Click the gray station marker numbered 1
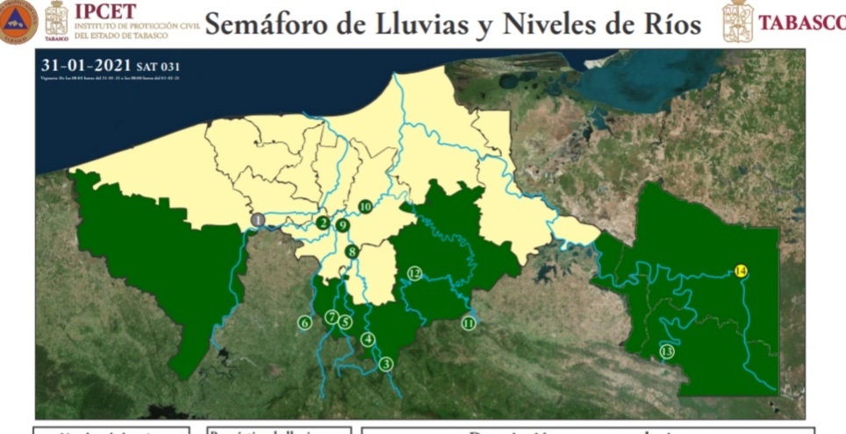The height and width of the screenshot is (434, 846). (258, 220)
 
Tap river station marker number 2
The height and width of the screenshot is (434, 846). (323, 223)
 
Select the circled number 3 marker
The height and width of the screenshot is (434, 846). (385, 364)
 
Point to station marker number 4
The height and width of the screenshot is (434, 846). (368, 340)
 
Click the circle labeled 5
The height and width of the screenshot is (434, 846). (346, 322)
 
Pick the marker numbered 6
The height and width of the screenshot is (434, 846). (305, 323)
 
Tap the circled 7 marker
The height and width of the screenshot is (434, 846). (332, 317)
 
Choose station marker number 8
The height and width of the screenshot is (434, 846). (352, 253)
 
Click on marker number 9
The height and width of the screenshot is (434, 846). (342, 225)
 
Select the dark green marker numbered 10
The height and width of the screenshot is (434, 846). (365, 207)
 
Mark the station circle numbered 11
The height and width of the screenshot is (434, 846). (469, 324)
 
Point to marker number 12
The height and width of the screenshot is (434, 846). (415, 274)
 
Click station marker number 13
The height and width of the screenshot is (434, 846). (667, 352)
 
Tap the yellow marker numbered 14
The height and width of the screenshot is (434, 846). (741, 272)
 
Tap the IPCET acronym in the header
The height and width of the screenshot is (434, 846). (105, 11)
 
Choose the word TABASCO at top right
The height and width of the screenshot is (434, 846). (801, 23)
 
